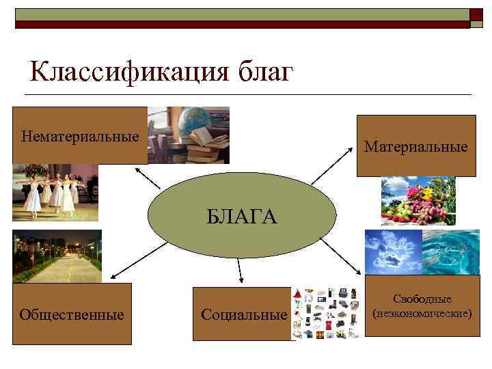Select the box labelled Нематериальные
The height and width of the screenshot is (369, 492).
[x=80, y=135]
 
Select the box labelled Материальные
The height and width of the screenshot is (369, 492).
[x=415, y=146]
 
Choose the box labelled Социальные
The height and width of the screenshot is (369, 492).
[x=243, y=314]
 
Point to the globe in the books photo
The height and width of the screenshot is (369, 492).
[x=194, y=121]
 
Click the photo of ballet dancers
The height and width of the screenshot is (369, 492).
[x=55, y=192]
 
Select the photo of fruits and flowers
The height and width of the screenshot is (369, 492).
[x=418, y=200]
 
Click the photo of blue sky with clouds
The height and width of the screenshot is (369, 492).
[x=392, y=251]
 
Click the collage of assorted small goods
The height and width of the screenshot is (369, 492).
[x=327, y=312]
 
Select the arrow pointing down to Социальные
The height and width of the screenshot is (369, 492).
[x=240, y=270]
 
